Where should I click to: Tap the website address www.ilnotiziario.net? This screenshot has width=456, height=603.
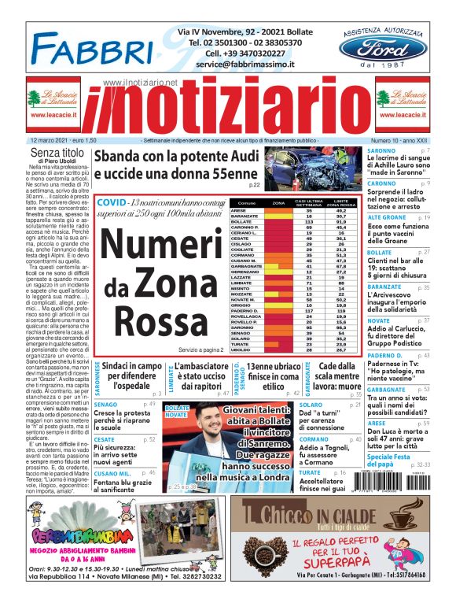coord(141,83)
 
